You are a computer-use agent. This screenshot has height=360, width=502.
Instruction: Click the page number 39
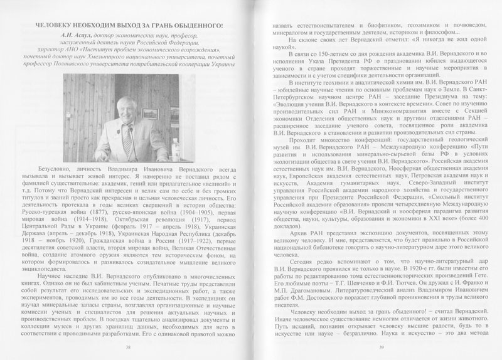point(371,347)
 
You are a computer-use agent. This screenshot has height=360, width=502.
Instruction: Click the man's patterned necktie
point(128,136)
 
